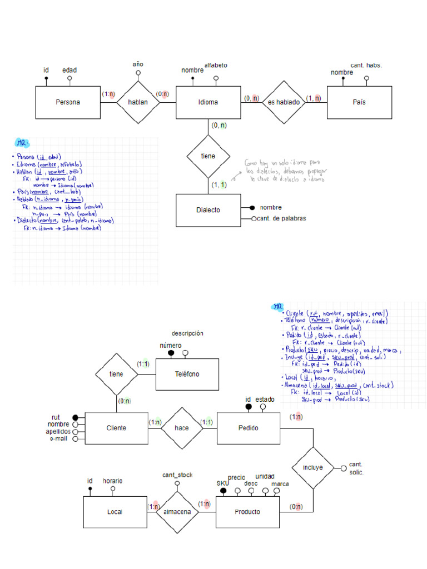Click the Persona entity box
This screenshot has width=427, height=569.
click(68, 102)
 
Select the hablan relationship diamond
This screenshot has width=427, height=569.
click(137, 102)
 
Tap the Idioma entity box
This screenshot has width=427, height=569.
click(208, 102)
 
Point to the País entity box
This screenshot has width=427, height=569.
click(359, 102)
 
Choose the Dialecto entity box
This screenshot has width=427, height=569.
click(208, 210)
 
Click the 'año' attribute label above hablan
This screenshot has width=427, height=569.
click(138, 64)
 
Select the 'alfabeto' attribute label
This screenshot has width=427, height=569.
click(216, 65)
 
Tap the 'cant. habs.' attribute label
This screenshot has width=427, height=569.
click(366, 65)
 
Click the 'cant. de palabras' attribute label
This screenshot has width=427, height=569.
click(281, 218)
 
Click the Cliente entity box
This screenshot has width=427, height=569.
click(116, 428)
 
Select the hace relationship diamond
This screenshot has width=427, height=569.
click(181, 428)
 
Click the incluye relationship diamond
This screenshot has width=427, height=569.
click(312, 467)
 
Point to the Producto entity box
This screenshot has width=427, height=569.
click(247, 512)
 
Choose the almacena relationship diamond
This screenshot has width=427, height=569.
click(177, 512)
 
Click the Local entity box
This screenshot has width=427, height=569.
click(115, 512)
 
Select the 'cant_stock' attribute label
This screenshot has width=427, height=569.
click(177, 475)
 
